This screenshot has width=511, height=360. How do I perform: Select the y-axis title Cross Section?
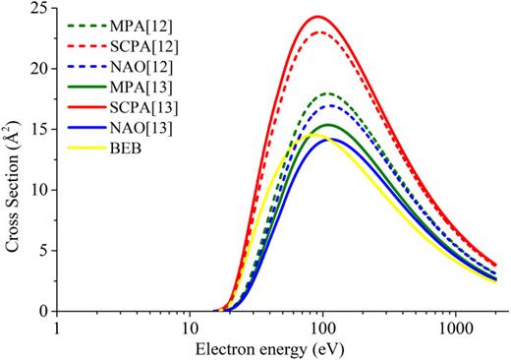point(13,160)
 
